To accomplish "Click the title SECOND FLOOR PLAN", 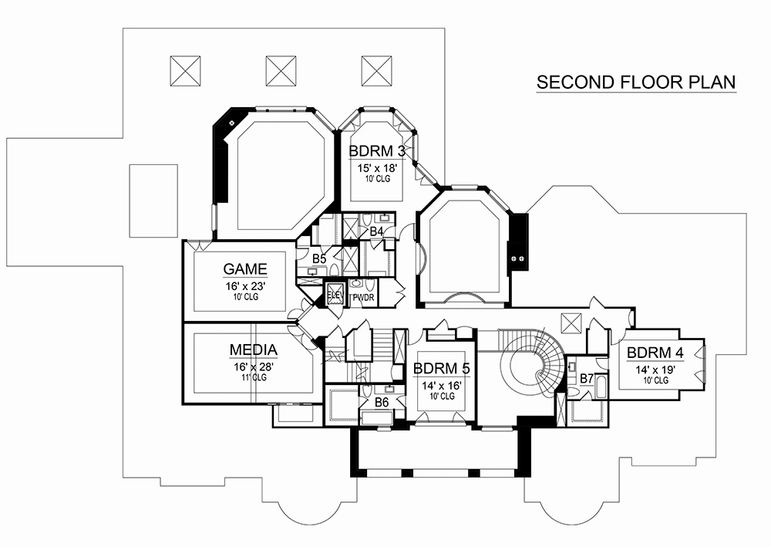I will [x=636, y=82].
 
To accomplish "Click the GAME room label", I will [x=245, y=269].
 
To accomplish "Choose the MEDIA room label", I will [x=254, y=350].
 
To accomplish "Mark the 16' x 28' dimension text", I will [x=254, y=367].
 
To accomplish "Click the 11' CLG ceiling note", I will [x=254, y=378].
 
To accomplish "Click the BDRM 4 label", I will [x=655, y=353].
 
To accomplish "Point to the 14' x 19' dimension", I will [x=655, y=370].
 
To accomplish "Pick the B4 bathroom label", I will [x=377, y=231].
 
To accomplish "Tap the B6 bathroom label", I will [x=382, y=402].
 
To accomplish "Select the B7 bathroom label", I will [x=587, y=379].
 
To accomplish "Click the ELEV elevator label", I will [x=335, y=295].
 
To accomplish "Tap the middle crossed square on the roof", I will [x=281, y=71].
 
